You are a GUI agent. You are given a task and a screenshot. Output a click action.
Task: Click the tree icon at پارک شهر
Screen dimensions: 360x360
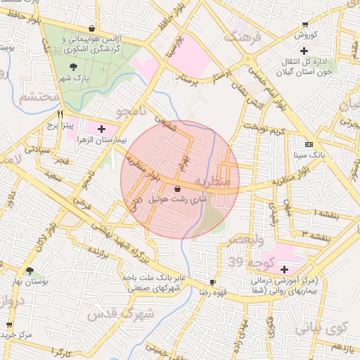pyautogui.click(x=73, y=66)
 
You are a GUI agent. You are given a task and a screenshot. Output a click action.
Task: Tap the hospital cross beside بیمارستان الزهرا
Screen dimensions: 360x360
pyautogui.click(x=103, y=129)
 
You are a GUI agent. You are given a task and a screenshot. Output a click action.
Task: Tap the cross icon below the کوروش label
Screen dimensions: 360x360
pyautogui.click(x=304, y=51)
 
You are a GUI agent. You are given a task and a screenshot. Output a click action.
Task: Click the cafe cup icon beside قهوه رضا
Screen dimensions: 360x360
pyautogui.click(x=213, y=281)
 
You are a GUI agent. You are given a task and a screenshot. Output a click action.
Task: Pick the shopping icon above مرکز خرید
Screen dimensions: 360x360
pyautogui.click(x=9, y=325)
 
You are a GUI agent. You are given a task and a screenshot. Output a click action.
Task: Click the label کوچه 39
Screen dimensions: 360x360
pyautogui.click(x=247, y=262)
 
